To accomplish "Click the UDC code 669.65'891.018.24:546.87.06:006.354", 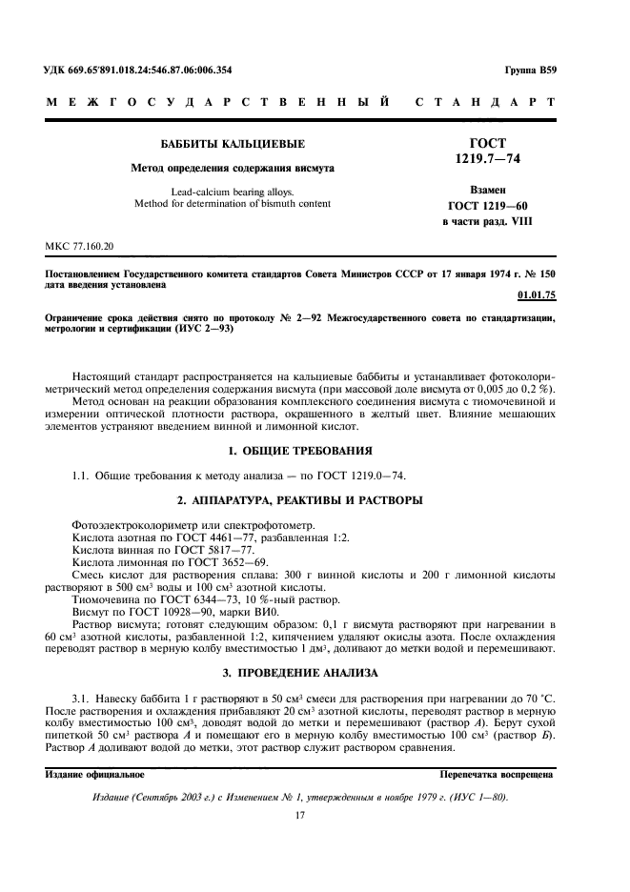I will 153,70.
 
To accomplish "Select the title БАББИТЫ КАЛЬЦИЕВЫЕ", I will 233,145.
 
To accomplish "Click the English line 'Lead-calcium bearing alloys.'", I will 233,191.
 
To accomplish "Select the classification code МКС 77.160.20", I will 79,246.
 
